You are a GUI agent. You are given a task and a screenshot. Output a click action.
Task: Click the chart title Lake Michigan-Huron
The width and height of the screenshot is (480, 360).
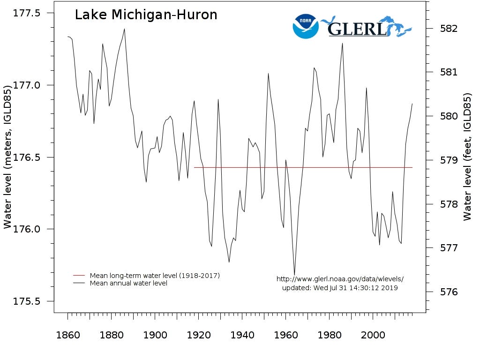click(146, 15)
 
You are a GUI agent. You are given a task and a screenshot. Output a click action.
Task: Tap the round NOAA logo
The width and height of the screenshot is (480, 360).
click(305, 26)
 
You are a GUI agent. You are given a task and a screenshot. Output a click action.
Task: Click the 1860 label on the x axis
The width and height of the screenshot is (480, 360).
click(68, 335)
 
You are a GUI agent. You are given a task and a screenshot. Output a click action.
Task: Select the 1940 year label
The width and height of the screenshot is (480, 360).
click(242, 335)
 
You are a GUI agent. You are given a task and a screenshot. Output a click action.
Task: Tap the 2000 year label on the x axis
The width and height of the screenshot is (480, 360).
click(373, 335)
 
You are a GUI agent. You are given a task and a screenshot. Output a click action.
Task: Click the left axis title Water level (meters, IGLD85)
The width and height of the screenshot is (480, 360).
click(7, 157)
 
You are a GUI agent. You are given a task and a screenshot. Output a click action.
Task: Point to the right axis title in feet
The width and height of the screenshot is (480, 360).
click(467, 157)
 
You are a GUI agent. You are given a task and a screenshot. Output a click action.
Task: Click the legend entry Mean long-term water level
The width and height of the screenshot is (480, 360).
click(155, 276)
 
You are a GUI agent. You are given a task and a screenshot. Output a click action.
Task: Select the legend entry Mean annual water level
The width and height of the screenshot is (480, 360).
click(128, 283)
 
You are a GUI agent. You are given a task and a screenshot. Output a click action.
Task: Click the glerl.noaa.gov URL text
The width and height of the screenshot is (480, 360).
click(340, 279)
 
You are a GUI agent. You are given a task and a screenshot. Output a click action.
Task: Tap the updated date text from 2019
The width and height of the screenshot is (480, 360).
click(340, 288)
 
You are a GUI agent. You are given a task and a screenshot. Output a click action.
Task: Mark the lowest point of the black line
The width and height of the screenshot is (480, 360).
click(294, 275)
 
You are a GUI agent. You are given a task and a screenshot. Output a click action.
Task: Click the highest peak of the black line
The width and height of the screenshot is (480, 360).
click(124, 29)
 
